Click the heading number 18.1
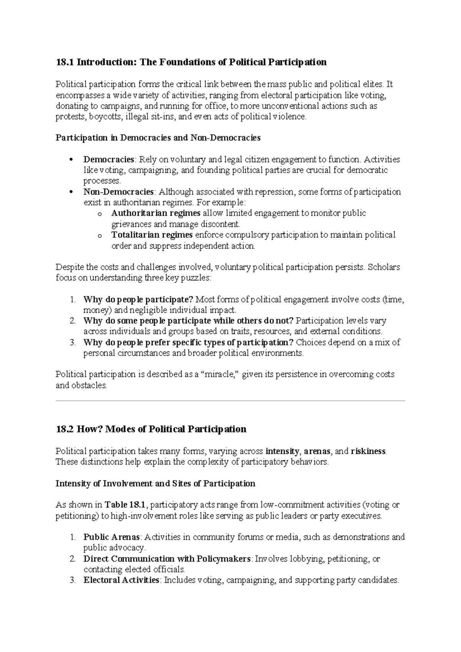[65, 62]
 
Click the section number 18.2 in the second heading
[65, 429]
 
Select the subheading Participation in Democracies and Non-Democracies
[158, 138]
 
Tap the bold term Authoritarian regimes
[156, 213]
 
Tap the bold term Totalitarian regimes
[152, 235]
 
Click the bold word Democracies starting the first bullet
[109, 159]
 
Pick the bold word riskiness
[368, 451]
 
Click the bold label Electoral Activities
[121, 580]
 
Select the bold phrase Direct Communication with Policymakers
[167, 559]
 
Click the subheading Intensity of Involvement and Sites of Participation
[155, 483]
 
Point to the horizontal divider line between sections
[230, 401]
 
